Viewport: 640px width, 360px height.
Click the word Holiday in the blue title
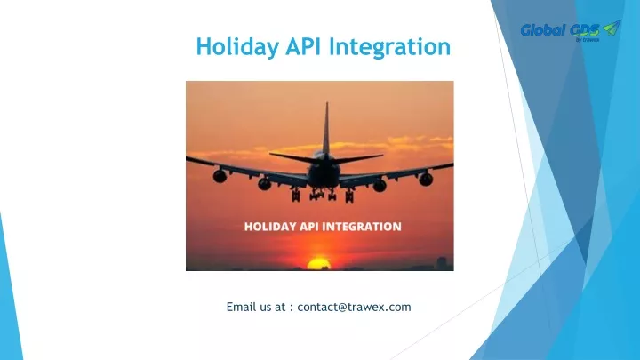click(237, 47)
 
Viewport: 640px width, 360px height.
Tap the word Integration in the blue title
click(390, 47)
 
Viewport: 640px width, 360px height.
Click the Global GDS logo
click(571, 30)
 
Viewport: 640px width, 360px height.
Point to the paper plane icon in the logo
click(612, 28)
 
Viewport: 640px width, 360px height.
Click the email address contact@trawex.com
click(354, 307)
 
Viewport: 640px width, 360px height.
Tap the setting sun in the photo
click(318, 263)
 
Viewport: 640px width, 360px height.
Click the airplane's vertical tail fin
click(326, 128)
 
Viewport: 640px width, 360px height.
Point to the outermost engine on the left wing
click(220, 176)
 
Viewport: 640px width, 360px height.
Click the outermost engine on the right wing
click(426, 179)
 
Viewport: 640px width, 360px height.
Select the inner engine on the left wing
click(265, 184)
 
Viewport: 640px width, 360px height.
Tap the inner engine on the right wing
click(380, 186)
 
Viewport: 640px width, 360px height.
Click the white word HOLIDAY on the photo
click(270, 227)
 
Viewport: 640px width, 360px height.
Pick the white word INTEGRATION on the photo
click(363, 227)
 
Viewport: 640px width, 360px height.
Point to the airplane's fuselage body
click(324, 171)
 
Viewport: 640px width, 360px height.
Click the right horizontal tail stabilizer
click(359, 158)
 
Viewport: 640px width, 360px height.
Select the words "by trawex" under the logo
click(588, 40)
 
